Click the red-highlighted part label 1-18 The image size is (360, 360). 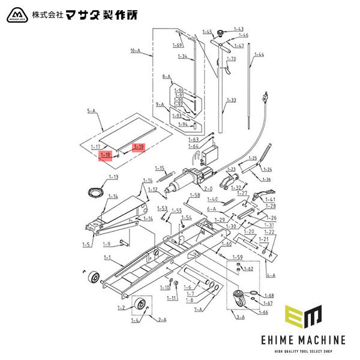click(105, 156)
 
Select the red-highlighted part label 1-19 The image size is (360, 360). click(139, 147)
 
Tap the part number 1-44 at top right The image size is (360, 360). click(259, 55)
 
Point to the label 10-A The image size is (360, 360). click(134, 52)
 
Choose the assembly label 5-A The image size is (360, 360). click(92, 111)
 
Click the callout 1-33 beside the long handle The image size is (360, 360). click(231, 100)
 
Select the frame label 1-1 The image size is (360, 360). click(108, 257)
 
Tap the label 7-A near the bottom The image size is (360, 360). click(199, 310)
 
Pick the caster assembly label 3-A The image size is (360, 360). click(241, 316)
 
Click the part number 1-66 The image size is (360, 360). click(263, 312)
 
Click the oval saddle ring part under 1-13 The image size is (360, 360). click(94, 191)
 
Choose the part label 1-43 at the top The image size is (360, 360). click(238, 29)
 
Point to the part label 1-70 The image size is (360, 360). click(232, 59)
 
